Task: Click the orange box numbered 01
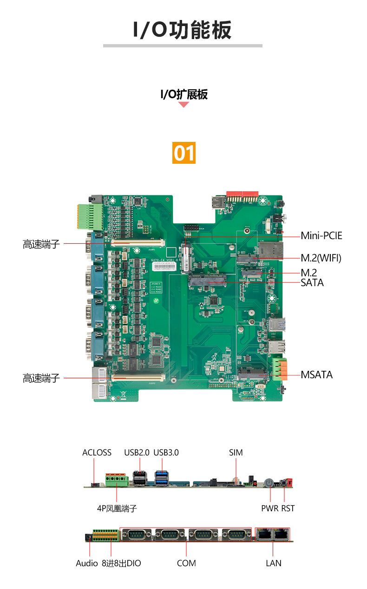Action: pyautogui.click(x=184, y=153)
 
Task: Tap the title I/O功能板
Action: pyautogui.click(x=183, y=30)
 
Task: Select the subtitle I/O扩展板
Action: pyautogui.click(x=184, y=94)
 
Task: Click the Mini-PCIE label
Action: pyautogui.click(x=321, y=236)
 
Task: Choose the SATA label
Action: pyautogui.click(x=312, y=282)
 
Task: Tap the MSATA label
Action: pyautogui.click(x=316, y=375)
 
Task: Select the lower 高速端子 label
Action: pyautogui.click(x=41, y=378)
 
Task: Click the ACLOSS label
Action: pyautogui.click(x=97, y=452)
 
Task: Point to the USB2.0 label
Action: pyautogui.click(x=137, y=452)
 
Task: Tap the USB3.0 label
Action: pyautogui.click(x=166, y=452)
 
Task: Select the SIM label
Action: pyautogui.click(x=236, y=452)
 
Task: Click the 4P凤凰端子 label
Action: pyautogui.click(x=117, y=509)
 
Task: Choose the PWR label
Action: pyautogui.click(x=269, y=509)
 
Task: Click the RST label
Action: pyautogui.click(x=288, y=509)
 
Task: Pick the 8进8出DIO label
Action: pyautogui.click(x=121, y=563)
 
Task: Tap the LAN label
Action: pyautogui.click(x=273, y=563)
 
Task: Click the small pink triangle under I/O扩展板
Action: pyautogui.click(x=184, y=105)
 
